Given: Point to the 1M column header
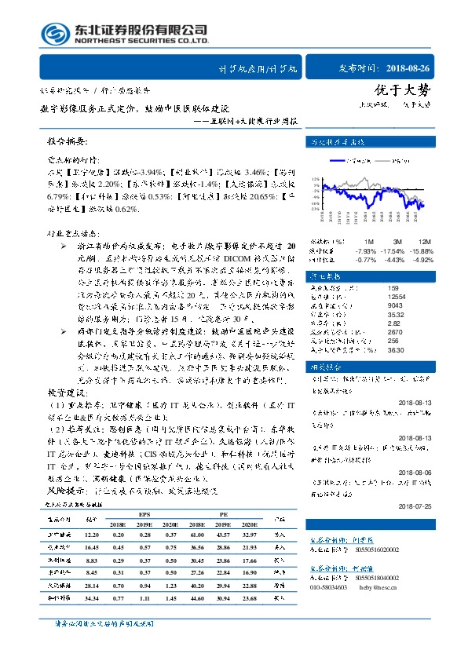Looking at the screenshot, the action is point(368,241).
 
